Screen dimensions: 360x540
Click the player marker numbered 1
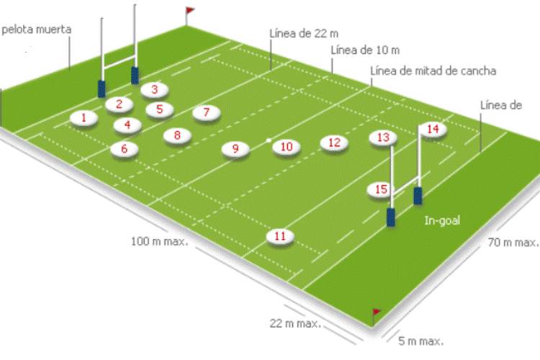(84, 118)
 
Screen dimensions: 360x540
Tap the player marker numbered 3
(154, 90)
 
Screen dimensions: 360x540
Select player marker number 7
(206, 112)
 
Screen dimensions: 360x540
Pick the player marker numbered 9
(235, 149)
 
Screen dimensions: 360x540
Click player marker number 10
(287, 147)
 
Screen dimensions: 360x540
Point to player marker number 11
(280, 236)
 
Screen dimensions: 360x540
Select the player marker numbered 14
(432, 129)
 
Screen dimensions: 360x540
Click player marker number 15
(382, 189)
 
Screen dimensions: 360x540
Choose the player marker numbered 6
(125, 149)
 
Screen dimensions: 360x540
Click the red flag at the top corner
(190, 11)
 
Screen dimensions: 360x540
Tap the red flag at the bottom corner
(376, 312)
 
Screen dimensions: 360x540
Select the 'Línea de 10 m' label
(365, 50)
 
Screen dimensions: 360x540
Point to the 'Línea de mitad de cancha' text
(433, 71)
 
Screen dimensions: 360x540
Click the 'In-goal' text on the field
(442, 221)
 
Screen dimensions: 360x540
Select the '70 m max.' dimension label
(513, 243)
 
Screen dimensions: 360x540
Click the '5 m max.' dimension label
(421, 340)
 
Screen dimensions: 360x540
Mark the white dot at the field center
(269, 140)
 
